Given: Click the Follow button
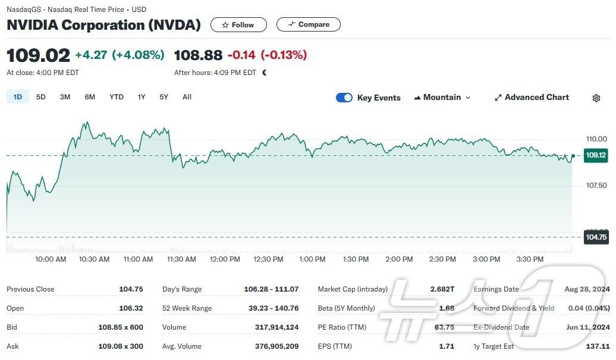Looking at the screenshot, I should click(238, 24).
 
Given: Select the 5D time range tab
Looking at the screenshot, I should click(41, 97).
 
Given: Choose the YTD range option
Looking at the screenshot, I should click(117, 97).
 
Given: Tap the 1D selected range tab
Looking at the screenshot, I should click(18, 97).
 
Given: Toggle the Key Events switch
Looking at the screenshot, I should click(344, 98).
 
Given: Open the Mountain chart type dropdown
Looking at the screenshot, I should click(442, 98).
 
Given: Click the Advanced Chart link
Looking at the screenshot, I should click(532, 98).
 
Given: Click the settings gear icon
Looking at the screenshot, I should click(596, 98).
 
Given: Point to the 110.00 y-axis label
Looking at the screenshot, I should click(596, 139).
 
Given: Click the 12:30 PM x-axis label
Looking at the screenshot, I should click(268, 259).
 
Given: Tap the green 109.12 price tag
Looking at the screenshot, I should click(596, 155).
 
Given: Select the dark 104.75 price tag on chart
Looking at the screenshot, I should click(596, 237).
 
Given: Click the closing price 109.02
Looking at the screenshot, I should click(38, 55).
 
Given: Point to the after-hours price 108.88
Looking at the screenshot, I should click(198, 55).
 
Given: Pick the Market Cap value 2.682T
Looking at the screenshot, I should click(442, 289).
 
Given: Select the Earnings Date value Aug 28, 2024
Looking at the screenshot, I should click(587, 289).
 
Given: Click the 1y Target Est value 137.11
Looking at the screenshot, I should click(598, 346).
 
